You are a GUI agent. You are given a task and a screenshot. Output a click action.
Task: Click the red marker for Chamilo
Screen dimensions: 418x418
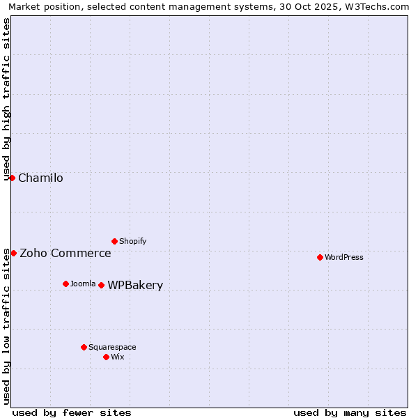12,178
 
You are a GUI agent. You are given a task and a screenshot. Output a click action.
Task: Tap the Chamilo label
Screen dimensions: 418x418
40,178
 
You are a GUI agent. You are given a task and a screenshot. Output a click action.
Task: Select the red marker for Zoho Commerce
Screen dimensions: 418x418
13,253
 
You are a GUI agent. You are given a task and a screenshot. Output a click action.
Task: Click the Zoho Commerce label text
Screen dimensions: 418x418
65,254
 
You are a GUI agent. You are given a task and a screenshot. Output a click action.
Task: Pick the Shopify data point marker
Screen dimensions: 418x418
114,241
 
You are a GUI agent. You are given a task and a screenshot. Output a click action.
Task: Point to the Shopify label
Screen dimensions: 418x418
133,242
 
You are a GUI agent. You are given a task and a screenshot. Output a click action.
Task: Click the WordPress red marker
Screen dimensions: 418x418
320,257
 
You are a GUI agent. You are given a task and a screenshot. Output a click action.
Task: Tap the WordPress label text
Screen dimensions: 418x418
344,258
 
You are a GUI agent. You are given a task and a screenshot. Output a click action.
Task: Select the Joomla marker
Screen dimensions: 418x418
65,284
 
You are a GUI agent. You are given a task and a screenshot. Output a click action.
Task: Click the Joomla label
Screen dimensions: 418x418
83,284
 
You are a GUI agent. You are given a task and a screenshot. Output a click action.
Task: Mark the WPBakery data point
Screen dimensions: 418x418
101,285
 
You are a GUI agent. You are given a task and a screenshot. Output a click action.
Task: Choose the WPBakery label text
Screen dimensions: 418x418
135,286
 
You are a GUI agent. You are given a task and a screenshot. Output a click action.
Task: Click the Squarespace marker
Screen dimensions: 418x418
84,347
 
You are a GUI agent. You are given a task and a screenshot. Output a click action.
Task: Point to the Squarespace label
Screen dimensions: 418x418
112,348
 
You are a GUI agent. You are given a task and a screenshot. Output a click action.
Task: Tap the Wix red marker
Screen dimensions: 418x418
106,357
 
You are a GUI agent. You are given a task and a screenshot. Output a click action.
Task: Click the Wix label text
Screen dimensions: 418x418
118,357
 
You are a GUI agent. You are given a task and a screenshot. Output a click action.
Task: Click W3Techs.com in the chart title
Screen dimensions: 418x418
380,7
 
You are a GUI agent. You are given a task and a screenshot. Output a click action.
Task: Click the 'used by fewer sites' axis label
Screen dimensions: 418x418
72,412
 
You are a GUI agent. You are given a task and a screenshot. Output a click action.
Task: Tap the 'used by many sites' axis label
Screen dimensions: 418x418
350,412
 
